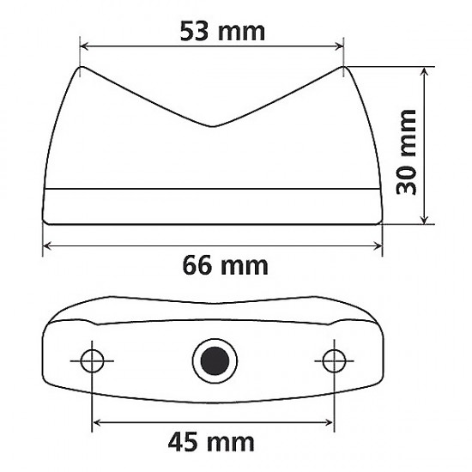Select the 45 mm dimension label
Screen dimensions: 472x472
tap(212, 442)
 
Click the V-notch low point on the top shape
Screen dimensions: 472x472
tap(212, 127)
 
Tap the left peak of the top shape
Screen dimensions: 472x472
tap(82, 68)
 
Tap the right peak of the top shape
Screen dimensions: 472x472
tap(342, 68)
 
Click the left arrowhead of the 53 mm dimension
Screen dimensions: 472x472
tap(84, 48)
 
